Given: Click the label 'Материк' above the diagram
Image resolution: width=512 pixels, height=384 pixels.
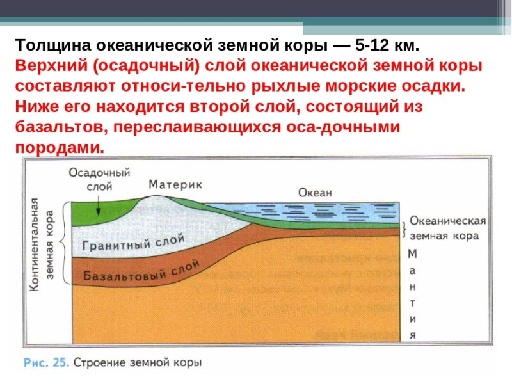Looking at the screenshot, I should click(x=175, y=184).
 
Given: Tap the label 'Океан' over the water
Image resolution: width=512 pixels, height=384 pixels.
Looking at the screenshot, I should click(x=315, y=192).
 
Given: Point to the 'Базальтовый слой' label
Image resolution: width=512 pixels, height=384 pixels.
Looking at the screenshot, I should click(x=142, y=273).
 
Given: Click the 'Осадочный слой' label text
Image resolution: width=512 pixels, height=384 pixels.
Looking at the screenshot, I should click(x=99, y=180).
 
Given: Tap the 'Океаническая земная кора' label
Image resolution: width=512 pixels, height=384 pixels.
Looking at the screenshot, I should click(x=447, y=228).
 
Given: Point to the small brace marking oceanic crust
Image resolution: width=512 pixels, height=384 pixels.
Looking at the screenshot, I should click(x=403, y=227).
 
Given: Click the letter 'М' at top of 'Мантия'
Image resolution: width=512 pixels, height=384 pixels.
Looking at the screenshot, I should click(x=412, y=253).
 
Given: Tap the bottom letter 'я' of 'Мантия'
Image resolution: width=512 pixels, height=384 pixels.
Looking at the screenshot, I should click(x=413, y=334).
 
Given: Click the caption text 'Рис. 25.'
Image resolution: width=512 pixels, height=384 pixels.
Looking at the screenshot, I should click(x=45, y=362).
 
